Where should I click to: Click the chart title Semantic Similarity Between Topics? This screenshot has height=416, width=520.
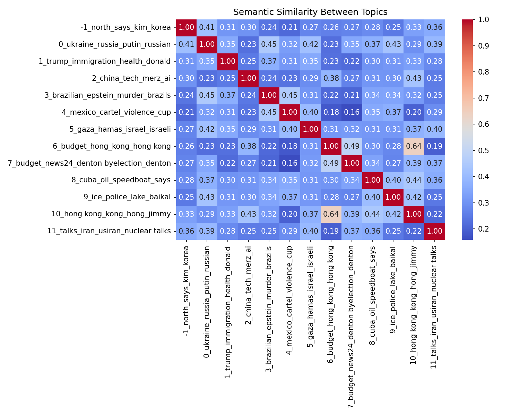point(310,12)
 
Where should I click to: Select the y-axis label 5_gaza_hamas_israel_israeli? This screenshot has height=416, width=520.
point(120,129)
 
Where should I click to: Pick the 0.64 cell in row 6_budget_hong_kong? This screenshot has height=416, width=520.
point(414,146)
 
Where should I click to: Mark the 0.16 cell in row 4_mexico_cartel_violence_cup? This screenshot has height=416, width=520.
point(352,112)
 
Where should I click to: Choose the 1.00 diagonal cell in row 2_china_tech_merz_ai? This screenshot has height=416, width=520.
point(248,78)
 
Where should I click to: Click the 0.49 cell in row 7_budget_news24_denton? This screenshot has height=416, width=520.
point(331,163)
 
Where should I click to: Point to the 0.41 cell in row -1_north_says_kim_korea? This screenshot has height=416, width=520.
point(207,28)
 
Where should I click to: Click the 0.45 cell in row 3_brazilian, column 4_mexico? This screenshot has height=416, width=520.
point(290,95)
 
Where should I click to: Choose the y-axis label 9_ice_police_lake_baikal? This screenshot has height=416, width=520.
point(127,197)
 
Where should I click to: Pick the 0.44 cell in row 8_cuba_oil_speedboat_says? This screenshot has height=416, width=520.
point(414,180)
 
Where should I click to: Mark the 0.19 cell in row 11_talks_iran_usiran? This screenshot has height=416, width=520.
point(331,231)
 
